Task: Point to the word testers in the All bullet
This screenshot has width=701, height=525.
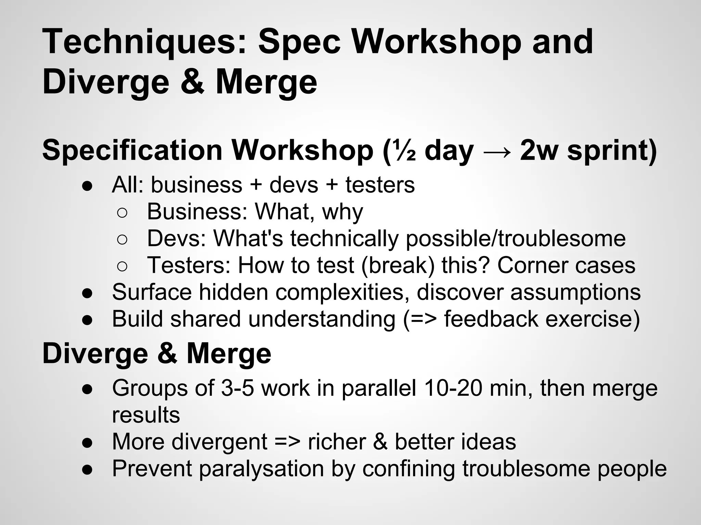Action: click(380, 185)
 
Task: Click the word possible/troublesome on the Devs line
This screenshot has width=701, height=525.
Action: click(515, 239)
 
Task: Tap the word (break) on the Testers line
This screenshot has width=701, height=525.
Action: click(397, 266)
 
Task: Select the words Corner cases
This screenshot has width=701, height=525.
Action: click(566, 266)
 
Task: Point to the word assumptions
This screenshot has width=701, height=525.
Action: click(575, 293)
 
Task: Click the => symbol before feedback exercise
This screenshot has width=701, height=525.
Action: click(423, 319)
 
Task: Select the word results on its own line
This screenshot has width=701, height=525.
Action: click(146, 415)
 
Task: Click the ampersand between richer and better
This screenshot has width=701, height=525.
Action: click(380, 442)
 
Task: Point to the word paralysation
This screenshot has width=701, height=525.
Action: click(261, 469)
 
